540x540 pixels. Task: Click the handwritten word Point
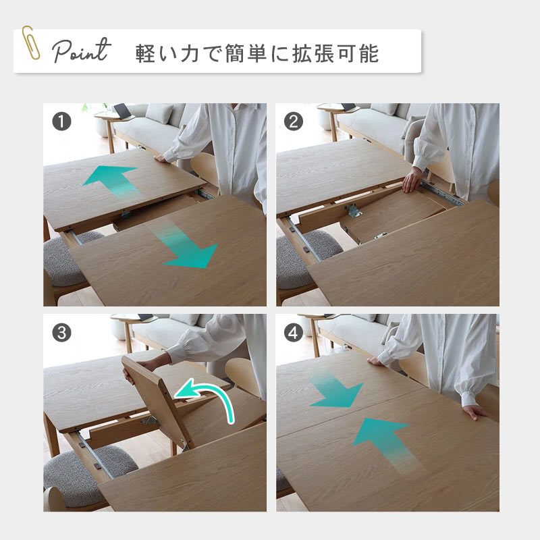pyautogui.click(x=82, y=51)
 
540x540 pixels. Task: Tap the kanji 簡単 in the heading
pyautogui.click(x=246, y=53)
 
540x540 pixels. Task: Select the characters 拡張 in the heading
pyautogui.click(x=313, y=53)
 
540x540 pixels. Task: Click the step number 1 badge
pyautogui.click(x=61, y=122)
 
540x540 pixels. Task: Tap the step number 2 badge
pyautogui.click(x=294, y=122)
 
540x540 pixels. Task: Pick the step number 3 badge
pyautogui.click(x=61, y=333)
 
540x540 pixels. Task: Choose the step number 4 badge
pyautogui.click(x=294, y=333)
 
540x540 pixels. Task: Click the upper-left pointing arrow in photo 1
pyautogui.click(x=112, y=181)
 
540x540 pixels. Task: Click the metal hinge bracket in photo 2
pyautogui.click(x=353, y=211)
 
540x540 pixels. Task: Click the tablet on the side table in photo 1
pyautogui.click(x=122, y=110)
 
